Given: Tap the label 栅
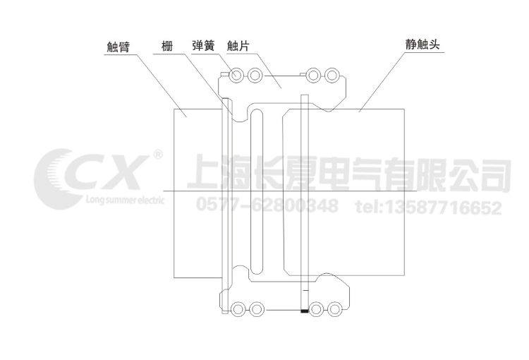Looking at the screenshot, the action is pyautogui.click(x=166, y=47).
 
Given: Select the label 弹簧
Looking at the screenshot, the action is pyautogui.click(x=204, y=47).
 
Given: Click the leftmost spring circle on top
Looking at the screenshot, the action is pyautogui.click(x=238, y=75).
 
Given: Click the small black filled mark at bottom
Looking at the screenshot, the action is pyautogui.click(x=304, y=310).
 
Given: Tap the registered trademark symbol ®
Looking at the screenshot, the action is pyautogui.click(x=158, y=154).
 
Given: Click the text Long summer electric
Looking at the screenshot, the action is pyautogui.click(x=123, y=200).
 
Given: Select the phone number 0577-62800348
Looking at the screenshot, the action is pyautogui.click(x=266, y=208).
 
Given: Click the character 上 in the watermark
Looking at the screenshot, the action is pyautogui.click(x=205, y=174).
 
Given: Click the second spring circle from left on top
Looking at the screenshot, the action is pyautogui.click(x=255, y=75).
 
